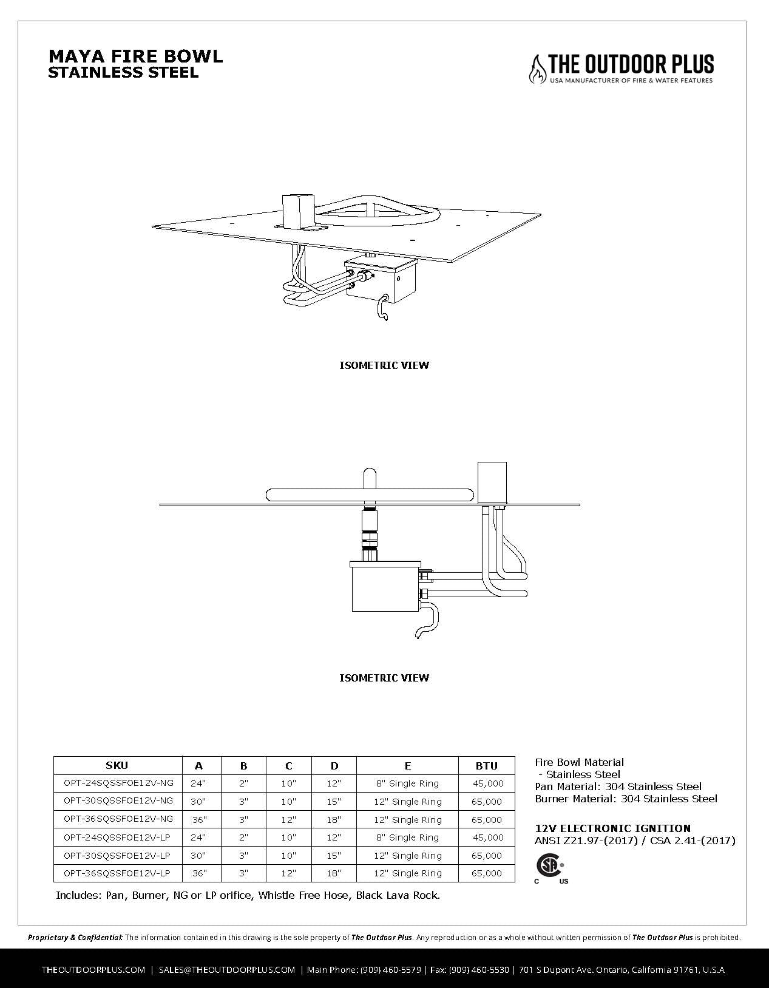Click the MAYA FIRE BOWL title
tap(135, 56)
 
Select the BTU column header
tap(486, 766)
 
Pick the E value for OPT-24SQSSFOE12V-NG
tap(407, 783)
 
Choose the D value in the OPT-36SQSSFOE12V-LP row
tap(334, 873)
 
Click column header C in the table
tap(288, 766)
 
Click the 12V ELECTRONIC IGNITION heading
tap(612, 828)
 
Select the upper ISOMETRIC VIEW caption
tap(384, 365)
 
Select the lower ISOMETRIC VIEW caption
tap(384, 678)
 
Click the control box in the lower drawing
tap(385, 587)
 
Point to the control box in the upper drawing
tap(381, 280)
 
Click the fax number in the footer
tap(479, 969)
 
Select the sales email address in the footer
tap(227, 969)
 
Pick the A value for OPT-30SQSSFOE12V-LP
tap(198, 855)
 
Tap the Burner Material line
tap(626, 799)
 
